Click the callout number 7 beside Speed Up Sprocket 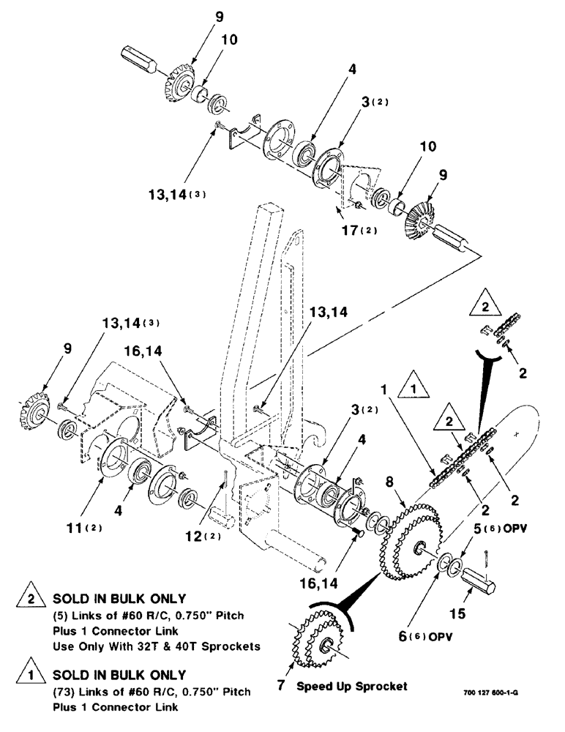coord(281,687)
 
